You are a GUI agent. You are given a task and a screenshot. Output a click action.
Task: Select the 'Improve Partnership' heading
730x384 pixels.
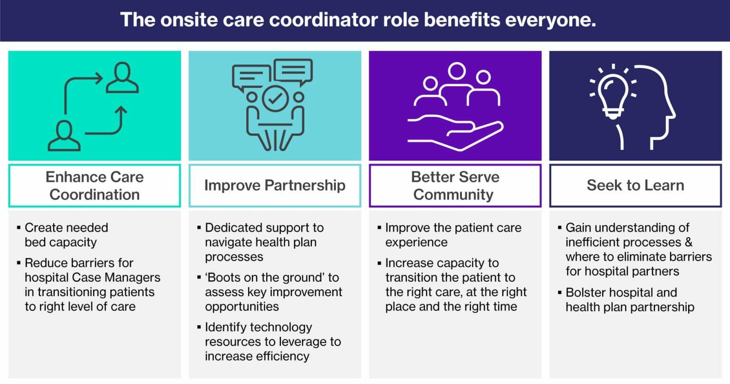tap(275, 185)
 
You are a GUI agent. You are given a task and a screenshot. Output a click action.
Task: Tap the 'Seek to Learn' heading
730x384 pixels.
tap(635, 185)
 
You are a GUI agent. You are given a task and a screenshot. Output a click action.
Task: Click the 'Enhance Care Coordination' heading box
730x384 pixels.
tap(95, 186)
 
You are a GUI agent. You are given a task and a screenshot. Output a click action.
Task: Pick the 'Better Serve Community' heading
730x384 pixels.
tap(455, 186)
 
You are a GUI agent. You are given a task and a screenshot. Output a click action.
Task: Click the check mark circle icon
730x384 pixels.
tap(275, 99)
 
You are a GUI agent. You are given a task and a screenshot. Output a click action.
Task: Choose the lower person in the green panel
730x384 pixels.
tap(64, 136)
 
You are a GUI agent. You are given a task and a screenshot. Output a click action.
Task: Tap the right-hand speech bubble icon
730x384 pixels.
tap(293, 71)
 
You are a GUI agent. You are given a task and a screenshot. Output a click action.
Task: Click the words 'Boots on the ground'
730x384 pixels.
tap(268, 278)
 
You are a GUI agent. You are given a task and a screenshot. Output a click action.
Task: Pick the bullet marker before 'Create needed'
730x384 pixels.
tap(19, 228)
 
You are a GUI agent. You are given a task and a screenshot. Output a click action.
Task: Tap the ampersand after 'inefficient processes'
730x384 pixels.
tap(689, 242)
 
